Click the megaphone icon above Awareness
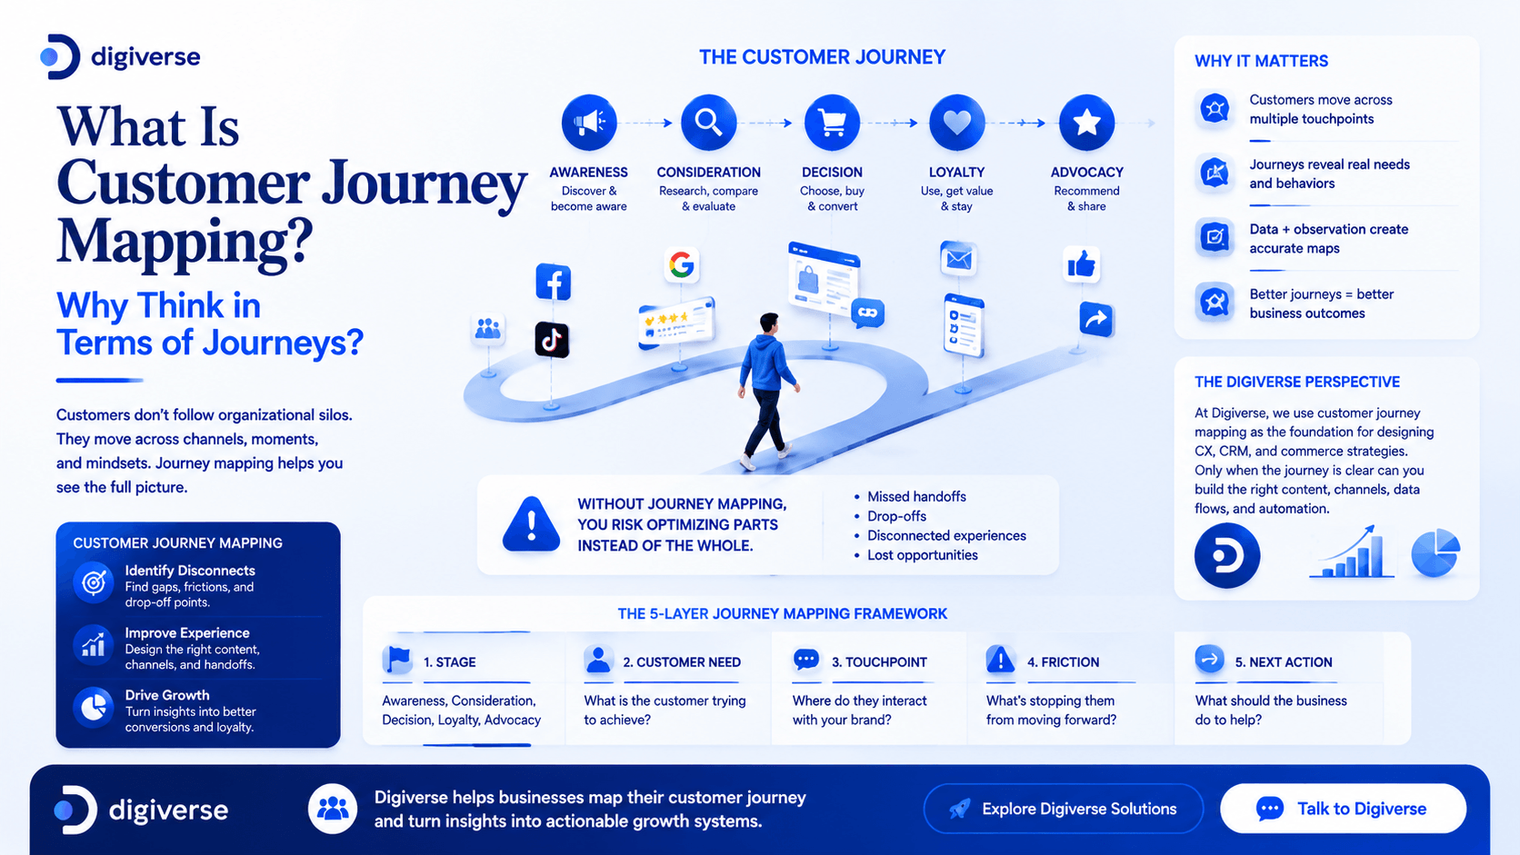588,122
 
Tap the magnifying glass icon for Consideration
708,122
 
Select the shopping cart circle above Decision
832,122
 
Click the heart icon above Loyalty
956,122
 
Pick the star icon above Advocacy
1086,122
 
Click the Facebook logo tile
553,282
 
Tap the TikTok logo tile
552,339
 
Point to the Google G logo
681,264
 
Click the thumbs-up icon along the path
1081,263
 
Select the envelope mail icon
958,258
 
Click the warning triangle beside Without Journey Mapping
531,524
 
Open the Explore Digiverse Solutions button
1064,809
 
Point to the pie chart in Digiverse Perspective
1435,553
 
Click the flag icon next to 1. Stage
397,659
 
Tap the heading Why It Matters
1262,61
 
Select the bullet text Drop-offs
896,516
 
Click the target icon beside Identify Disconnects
94,582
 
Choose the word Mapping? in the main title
185,242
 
